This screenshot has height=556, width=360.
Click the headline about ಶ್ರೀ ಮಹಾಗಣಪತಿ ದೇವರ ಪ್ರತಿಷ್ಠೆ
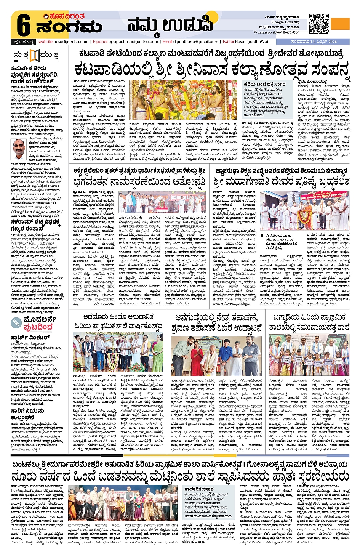pyautogui.click(x=281, y=182)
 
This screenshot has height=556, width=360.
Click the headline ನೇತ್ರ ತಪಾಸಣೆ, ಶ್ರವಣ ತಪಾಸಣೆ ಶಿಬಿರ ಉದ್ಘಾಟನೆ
pyautogui.click(x=216, y=323)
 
